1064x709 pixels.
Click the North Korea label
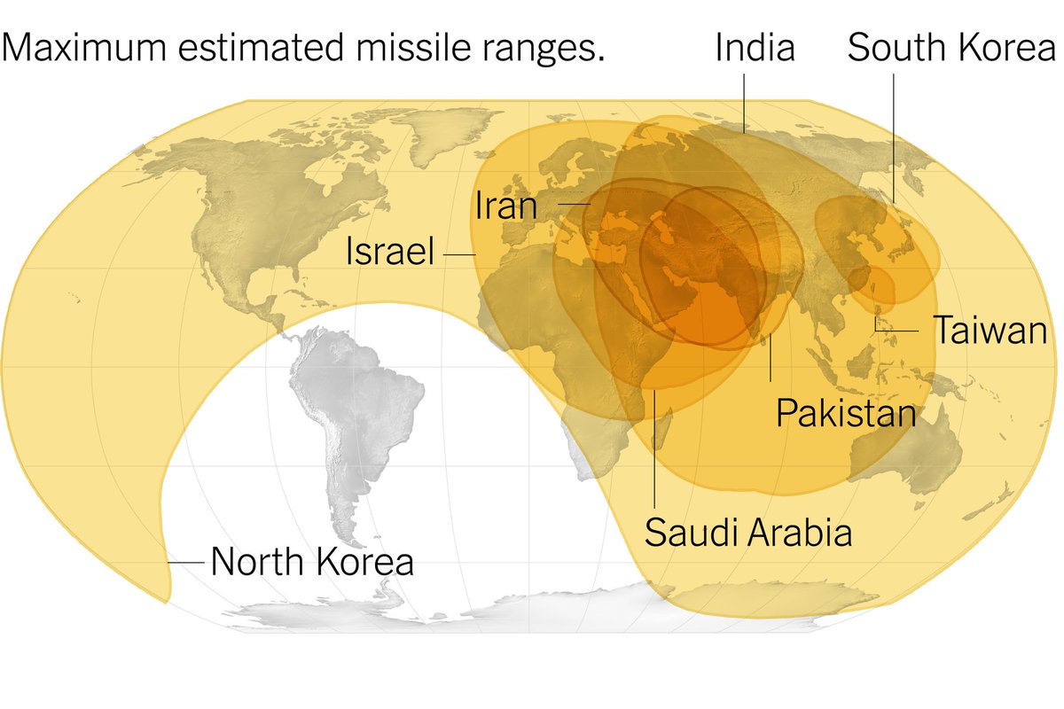pos(312,562)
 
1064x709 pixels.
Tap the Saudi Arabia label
pos(748,533)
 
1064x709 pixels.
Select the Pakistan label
pos(846,413)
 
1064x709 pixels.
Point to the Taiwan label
pos(990,331)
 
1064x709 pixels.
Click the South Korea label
pos(951,48)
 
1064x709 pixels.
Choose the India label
pos(755,48)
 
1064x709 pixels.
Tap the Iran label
pos(506,206)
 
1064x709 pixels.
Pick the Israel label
pos(390,254)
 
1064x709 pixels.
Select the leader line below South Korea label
pos(893,142)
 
